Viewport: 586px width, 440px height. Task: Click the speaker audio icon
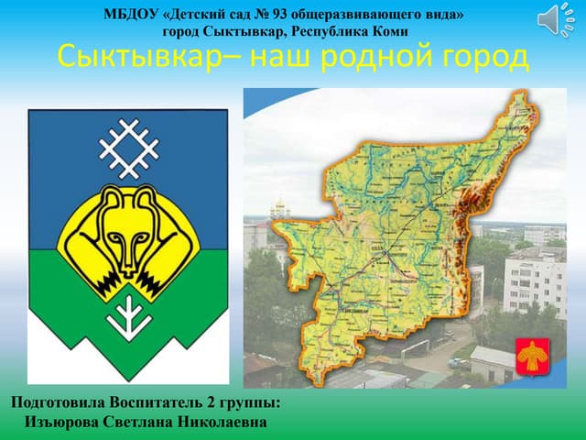(x=552, y=20)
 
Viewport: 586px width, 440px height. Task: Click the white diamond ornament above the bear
(x=129, y=146)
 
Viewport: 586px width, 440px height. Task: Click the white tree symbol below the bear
(x=128, y=313)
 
